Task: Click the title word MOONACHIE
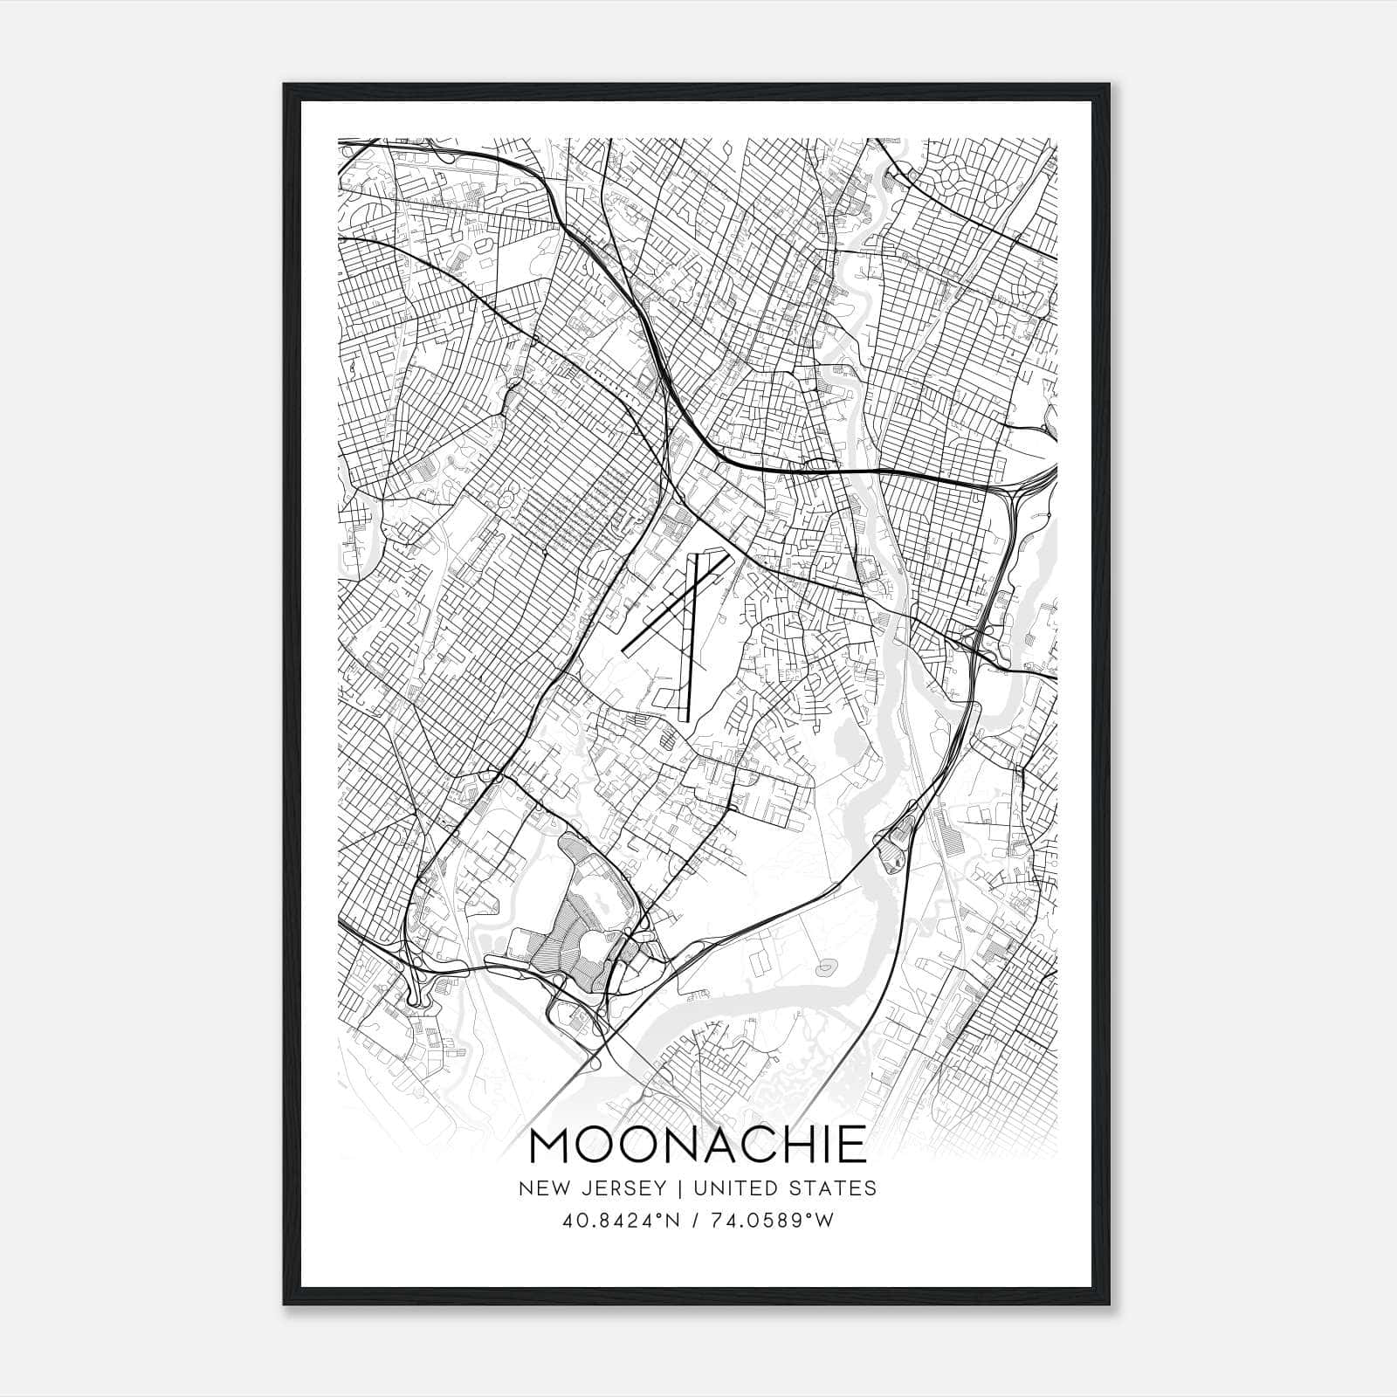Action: tap(698, 1146)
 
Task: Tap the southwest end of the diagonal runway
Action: tap(625, 653)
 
